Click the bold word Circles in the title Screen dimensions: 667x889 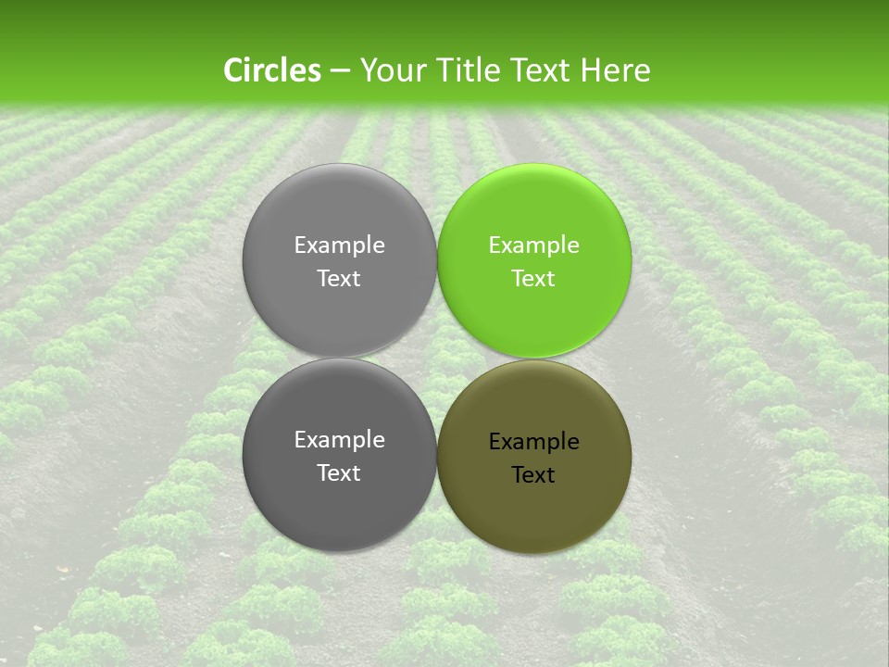coord(271,70)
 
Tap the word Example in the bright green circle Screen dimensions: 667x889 coord(534,245)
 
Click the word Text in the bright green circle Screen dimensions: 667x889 coord(534,279)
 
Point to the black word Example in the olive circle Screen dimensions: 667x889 coord(534,442)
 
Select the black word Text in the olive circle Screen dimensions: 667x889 coord(534,475)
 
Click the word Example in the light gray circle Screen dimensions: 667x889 coord(339,245)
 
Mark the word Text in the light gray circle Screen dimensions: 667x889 coord(339,279)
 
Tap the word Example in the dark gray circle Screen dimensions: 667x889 coord(339,440)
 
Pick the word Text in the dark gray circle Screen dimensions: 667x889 coord(339,473)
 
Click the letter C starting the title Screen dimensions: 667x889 coord(233,70)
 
